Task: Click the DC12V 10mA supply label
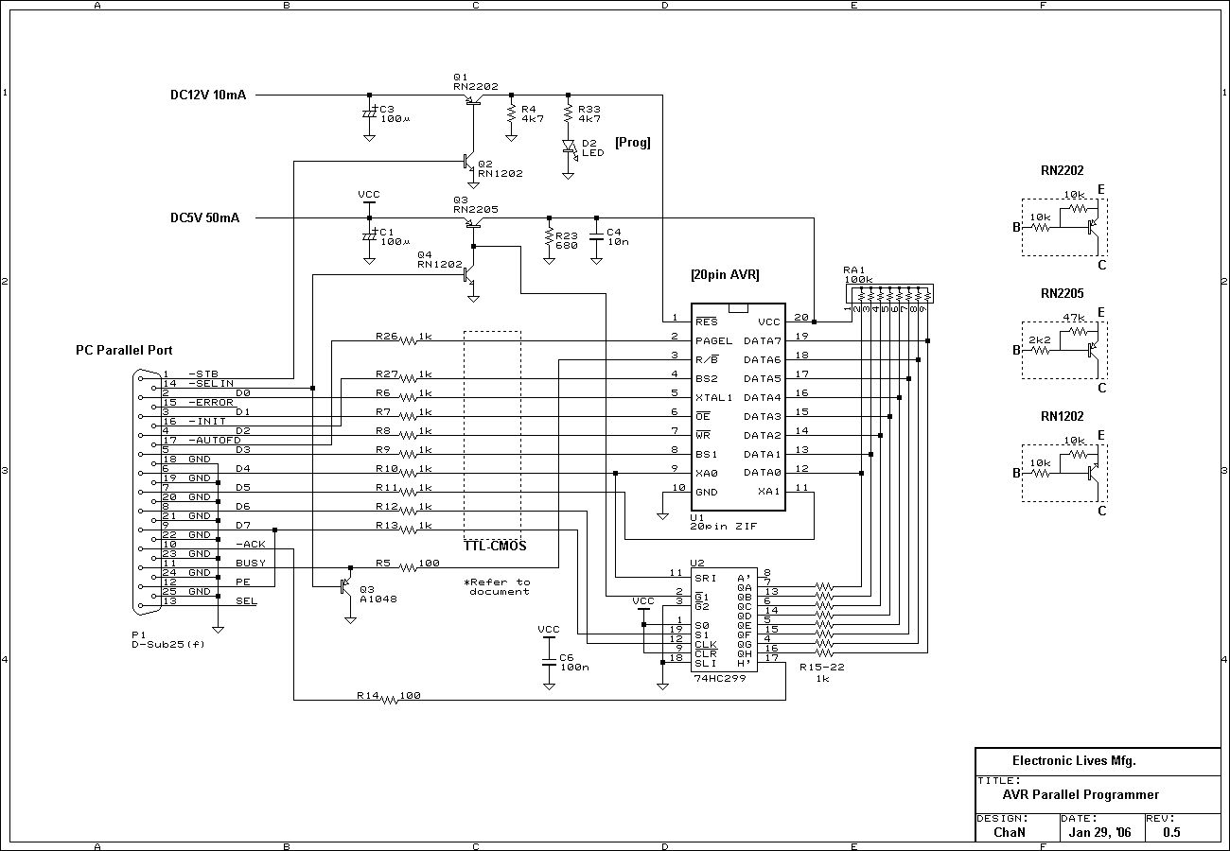tap(207, 95)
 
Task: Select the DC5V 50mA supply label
tap(204, 217)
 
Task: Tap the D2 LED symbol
tap(569, 147)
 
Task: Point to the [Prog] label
tap(632, 143)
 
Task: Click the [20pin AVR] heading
tap(725, 275)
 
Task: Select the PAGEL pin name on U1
tap(714, 340)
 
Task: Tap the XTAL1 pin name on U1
tap(714, 397)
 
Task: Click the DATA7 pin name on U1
tap(763, 340)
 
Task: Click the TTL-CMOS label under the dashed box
tap(495, 547)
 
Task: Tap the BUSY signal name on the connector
tap(251, 563)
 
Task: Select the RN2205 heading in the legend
tap(1062, 293)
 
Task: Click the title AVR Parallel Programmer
tap(1081, 794)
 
